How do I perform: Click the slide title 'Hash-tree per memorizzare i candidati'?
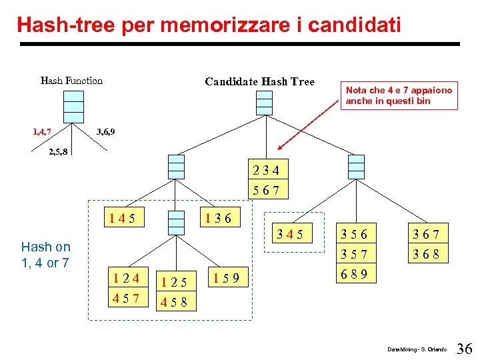[209, 26]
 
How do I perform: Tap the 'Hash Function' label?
[71, 81]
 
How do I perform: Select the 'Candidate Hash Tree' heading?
[259, 81]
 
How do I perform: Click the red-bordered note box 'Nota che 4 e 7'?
[399, 95]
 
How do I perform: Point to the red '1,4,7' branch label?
[43, 131]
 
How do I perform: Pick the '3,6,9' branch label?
[105, 131]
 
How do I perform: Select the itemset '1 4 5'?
[127, 219]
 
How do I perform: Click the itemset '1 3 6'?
[219, 219]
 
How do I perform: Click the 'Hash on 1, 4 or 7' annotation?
[45, 255]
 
